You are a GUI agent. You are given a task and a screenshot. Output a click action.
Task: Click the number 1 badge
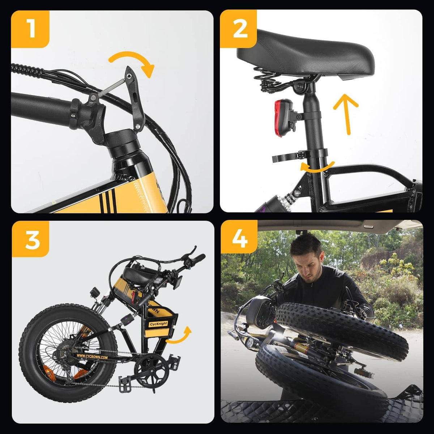tap(30, 29)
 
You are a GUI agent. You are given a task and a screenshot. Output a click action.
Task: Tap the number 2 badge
tap(239, 29)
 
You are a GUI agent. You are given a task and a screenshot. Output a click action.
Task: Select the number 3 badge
tap(31, 239)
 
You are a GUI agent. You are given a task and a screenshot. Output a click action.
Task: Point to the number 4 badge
tap(239, 239)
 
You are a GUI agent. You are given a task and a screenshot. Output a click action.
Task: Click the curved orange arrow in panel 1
tap(134, 61)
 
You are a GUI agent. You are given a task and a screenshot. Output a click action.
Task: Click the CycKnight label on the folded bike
tap(158, 324)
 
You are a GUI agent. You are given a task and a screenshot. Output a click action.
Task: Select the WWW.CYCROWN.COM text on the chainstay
tap(92, 357)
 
